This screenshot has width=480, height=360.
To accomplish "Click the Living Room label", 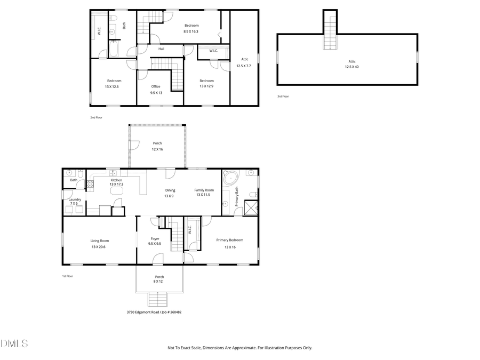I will pos(99,241).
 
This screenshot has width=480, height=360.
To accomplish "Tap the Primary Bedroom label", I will pos(229,240).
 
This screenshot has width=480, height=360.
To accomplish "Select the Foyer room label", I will pos(155,238).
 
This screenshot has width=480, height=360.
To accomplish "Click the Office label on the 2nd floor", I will pos(156,86).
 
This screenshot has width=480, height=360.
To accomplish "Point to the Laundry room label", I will pos(75,199).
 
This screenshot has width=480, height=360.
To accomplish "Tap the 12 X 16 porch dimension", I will pos(157,149).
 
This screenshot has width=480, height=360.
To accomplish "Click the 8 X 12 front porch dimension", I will pos(159,282).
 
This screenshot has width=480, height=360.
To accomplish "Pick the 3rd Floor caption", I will pos(283,96).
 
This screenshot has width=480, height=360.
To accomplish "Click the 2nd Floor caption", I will pos(96,117).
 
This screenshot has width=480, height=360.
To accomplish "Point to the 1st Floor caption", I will pos(68,276).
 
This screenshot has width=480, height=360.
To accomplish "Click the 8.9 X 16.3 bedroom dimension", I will pos(191,31).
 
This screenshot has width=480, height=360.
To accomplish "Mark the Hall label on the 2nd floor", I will pos(161,49).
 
